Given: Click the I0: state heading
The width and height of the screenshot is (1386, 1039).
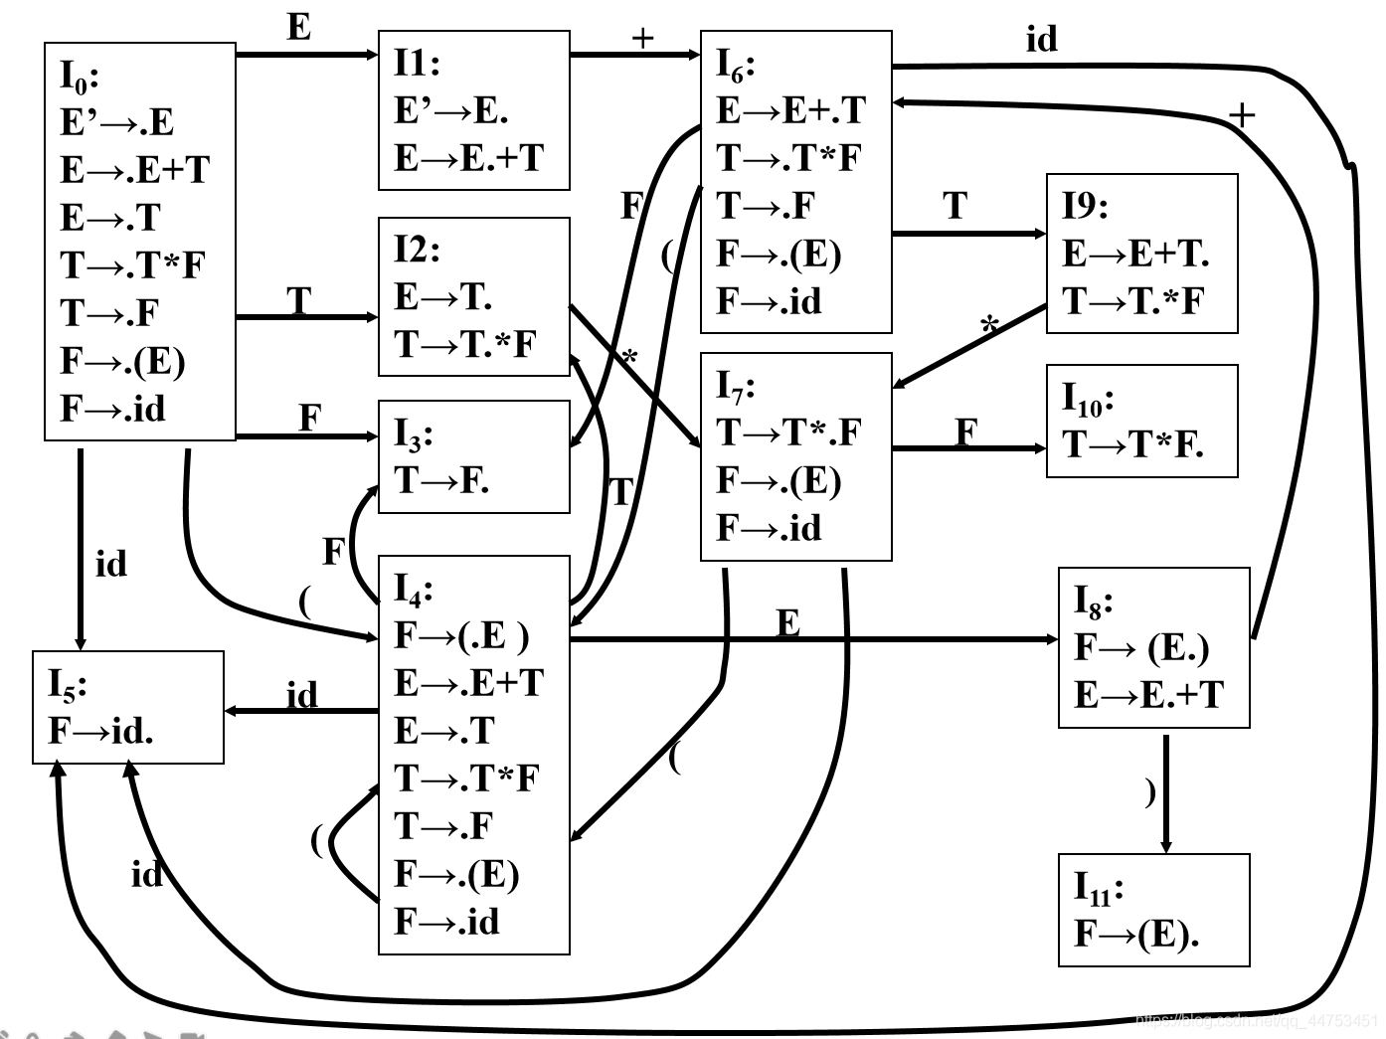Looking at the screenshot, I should (79, 77).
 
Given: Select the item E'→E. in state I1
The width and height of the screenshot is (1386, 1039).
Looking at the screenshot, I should (450, 110).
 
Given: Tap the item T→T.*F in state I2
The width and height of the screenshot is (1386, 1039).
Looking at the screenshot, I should (464, 344).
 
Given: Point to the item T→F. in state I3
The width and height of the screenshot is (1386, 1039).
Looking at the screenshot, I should (441, 480).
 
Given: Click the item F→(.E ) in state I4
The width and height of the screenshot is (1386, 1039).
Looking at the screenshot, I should (461, 635).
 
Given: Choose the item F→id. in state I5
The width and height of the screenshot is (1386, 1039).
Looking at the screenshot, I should (100, 732).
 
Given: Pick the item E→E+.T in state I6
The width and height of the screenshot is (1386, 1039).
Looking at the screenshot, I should (790, 110).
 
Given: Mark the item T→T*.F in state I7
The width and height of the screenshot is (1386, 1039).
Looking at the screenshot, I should (788, 433).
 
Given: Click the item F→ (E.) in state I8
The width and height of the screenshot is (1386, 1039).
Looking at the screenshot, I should (1141, 647).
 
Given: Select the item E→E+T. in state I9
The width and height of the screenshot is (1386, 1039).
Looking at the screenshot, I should (1134, 254).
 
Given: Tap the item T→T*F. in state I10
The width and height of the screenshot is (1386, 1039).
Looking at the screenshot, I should (1132, 444).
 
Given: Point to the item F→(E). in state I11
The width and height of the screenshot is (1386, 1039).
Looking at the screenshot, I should (1136, 934).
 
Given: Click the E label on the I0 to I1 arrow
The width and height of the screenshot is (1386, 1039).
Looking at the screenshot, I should (298, 28).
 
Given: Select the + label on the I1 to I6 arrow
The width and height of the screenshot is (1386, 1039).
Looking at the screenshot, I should (643, 39).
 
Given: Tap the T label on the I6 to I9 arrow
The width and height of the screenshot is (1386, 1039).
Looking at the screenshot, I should (954, 206).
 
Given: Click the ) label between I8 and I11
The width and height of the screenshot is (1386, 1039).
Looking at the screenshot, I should (1150, 791).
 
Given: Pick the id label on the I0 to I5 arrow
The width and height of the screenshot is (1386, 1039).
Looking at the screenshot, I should (111, 564).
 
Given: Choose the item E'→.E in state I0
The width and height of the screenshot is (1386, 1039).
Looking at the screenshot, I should (116, 122).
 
